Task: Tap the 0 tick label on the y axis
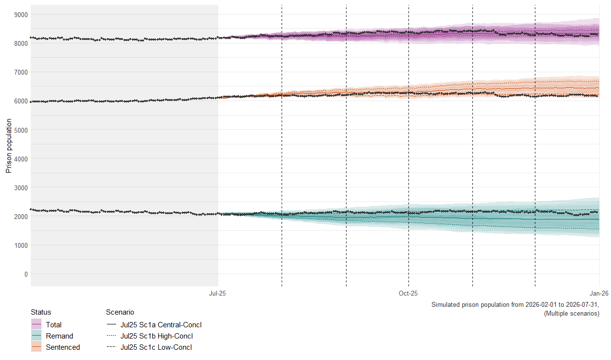[x=25, y=274]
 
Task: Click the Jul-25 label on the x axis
[x=218, y=293]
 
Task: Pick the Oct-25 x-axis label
[x=408, y=293]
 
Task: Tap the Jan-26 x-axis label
[x=599, y=293]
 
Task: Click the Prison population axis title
[x=8, y=146]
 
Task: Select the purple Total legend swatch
[x=36, y=324]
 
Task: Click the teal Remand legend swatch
[x=36, y=336]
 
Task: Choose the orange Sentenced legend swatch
[x=36, y=347]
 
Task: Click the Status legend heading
[x=41, y=312]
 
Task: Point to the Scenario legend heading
[x=120, y=312]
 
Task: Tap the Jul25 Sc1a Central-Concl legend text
[x=161, y=324]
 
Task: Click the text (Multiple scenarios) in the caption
[x=571, y=314]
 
